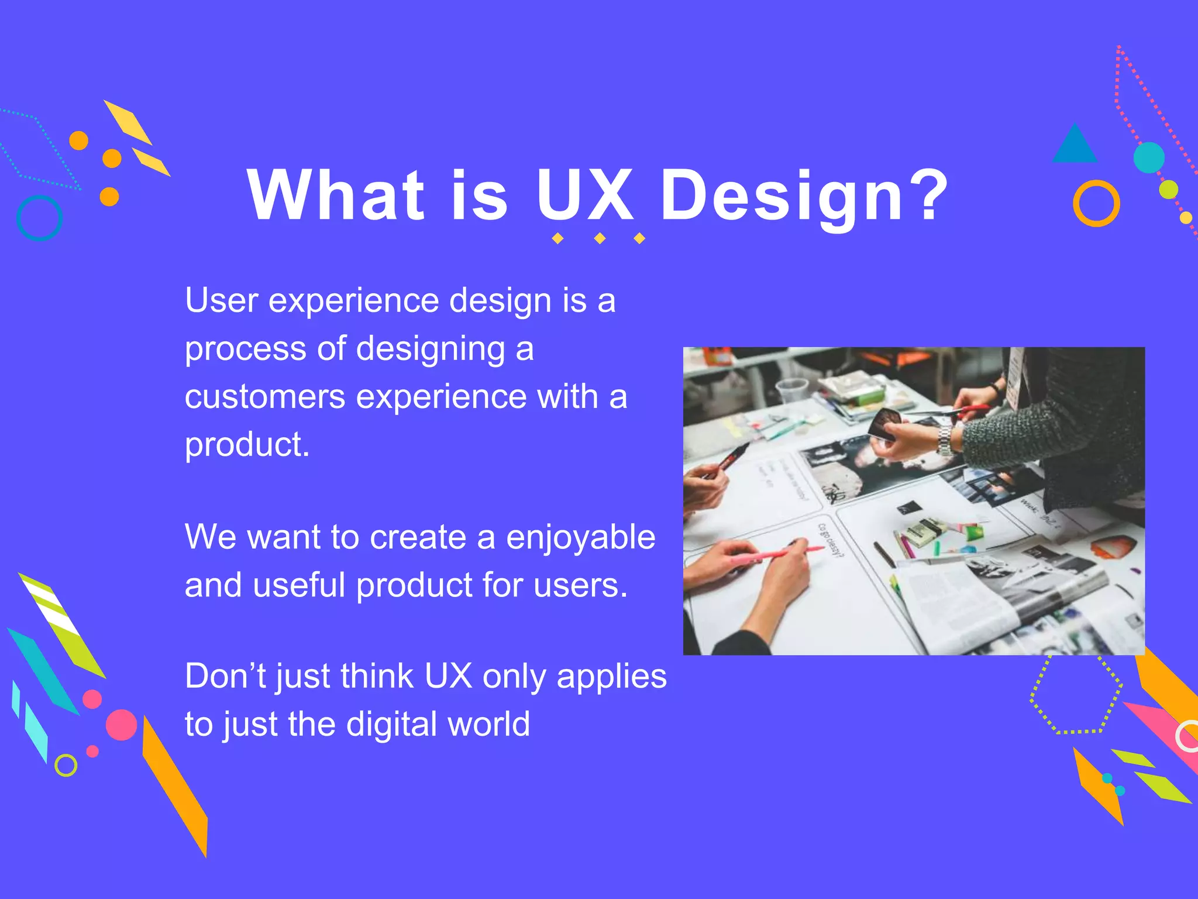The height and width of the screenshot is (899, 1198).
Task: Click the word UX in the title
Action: [x=585, y=194]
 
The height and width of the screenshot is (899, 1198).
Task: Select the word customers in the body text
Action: [x=265, y=397]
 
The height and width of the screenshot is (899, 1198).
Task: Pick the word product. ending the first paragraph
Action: [x=247, y=445]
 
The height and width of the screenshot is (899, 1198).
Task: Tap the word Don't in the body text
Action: [x=225, y=676]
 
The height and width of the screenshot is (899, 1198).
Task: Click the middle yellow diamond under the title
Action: [x=600, y=238]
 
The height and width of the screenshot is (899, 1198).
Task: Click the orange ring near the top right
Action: [x=1096, y=203]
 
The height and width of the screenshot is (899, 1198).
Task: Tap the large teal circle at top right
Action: [x=1149, y=157]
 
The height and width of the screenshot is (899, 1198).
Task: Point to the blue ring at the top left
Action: [x=39, y=218]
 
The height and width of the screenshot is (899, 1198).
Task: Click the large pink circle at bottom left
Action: [x=121, y=725]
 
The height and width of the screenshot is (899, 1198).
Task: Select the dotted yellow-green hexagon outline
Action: [x=1076, y=694]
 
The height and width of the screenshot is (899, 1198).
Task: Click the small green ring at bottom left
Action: [x=66, y=765]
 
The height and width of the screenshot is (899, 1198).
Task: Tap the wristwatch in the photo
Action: [x=944, y=440]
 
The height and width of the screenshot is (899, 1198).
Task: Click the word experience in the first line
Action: [x=354, y=301]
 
